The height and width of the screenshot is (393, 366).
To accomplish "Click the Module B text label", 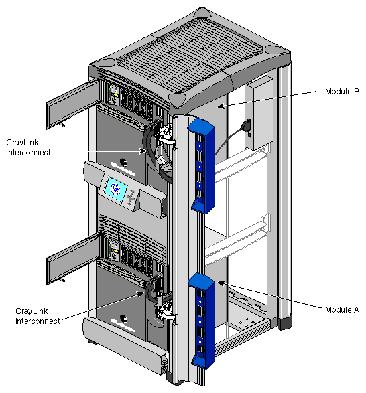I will (x=342, y=91).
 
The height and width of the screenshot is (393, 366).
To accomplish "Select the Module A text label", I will (x=342, y=310).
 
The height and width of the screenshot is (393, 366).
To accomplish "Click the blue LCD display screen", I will (x=115, y=189).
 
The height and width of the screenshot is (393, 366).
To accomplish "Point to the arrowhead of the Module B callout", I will (x=224, y=105).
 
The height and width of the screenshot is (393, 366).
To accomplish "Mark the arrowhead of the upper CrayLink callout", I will (x=143, y=151).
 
